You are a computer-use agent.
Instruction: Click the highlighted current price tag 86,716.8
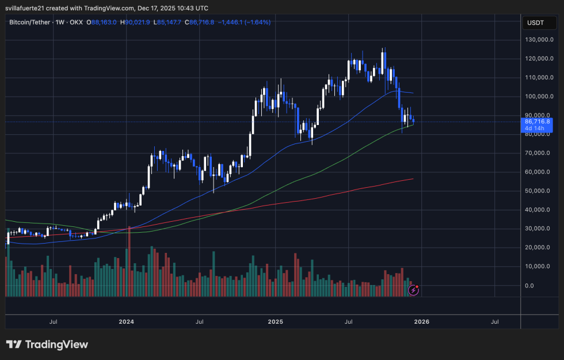(538, 122)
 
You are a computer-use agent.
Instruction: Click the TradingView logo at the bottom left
(47, 344)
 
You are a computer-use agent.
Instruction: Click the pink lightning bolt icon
(413, 290)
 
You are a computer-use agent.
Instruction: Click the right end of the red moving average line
(413, 179)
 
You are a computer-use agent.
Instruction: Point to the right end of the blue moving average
(413, 93)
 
